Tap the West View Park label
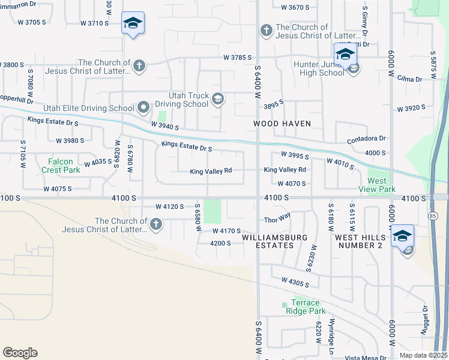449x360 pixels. click(381, 185)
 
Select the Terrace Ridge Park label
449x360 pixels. click(308, 307)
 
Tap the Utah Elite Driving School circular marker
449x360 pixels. click(143, 108)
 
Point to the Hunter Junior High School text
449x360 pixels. click(319, 68)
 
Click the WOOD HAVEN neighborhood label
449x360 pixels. click(282, 124)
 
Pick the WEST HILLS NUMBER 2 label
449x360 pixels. click(358, 242)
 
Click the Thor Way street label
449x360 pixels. click(277, 220)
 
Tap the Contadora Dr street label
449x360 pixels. click(366, 139)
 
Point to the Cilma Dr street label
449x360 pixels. click(410, 79)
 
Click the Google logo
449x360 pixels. click(20, 353)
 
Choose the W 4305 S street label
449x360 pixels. click(295, 281)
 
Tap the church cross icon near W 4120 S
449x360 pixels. click(155, 224)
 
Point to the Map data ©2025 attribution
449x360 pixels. click(423, 355)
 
